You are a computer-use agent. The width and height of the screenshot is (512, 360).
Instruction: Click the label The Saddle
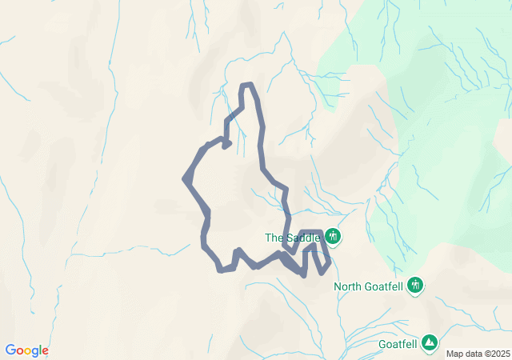click(293, 238)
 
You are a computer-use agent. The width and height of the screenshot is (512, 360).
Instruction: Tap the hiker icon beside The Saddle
click(333, 237)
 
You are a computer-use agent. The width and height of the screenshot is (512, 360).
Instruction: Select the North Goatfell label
click(369, 286)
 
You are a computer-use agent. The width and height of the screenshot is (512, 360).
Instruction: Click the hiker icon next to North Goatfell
click(414, 285)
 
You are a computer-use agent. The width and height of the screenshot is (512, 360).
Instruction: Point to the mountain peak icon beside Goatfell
click(430, 342)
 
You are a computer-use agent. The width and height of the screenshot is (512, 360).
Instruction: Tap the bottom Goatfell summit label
click(398, 345)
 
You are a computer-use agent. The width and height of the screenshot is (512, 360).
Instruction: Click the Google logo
click(26, 350)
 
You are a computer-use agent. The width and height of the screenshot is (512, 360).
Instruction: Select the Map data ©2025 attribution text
click(478, 354)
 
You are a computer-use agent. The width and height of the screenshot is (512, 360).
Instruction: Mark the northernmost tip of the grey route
click(247, 84)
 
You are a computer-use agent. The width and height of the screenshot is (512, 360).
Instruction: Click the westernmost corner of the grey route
click(186, 179)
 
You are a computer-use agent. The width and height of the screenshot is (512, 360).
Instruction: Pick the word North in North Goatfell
click(349, 286)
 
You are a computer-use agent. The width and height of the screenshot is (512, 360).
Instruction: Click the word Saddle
click(303, 238)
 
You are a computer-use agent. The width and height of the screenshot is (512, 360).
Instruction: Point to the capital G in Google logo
click(10, 350)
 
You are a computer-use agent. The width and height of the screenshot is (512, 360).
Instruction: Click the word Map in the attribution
click(454, 354)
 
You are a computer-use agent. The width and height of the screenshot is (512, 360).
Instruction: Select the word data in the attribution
click(472, 354)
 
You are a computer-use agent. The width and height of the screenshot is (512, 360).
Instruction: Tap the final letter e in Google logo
click(45, 351)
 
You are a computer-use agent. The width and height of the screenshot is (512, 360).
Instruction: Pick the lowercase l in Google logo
click(40, 350)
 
